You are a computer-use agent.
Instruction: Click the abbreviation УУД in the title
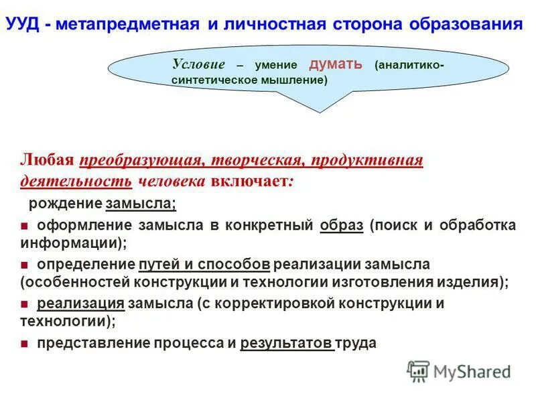tap(24, 25)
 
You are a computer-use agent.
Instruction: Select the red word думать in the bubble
tap(336, 64)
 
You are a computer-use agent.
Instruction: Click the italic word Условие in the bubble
tap(198, 64)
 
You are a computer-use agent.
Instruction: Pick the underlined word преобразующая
tap(141, 161)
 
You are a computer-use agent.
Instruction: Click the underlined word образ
tap(342, 225)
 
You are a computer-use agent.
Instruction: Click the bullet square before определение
tap(24, 264)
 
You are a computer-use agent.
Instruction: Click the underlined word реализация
tap(80, 304)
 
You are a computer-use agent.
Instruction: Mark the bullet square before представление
tap(24, 344)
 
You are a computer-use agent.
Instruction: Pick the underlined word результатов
tap(286, 343)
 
